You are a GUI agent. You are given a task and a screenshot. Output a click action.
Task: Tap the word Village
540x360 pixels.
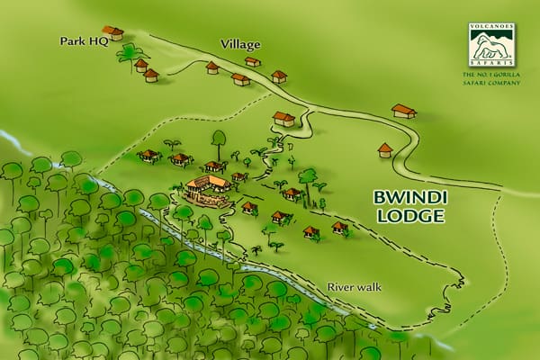click(x=240, y=43)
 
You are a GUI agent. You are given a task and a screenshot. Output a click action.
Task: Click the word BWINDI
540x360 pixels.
click(x=409, y=197)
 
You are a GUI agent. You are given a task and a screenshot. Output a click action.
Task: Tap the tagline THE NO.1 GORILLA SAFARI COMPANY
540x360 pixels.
click(x=492, y=77)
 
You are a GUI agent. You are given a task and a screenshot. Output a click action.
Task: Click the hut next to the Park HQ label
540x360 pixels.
click(x=112, y=33)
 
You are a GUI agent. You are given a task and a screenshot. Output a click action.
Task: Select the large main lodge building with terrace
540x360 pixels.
click(x=208, y=190)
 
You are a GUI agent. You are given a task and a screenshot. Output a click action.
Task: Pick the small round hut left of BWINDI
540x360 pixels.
click(x=385, y=149)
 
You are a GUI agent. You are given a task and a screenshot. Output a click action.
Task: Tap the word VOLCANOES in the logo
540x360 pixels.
click(x=492, y=27)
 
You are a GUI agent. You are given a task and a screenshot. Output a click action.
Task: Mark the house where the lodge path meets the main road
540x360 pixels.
click(x=283, y=118)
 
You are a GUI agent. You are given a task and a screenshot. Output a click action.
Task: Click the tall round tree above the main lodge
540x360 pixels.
click(x=218, y=139)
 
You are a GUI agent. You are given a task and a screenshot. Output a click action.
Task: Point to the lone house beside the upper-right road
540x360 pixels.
click(x=404, y=111)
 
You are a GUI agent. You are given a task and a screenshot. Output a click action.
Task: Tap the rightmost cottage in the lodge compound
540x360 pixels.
click(x=339, y=227)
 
